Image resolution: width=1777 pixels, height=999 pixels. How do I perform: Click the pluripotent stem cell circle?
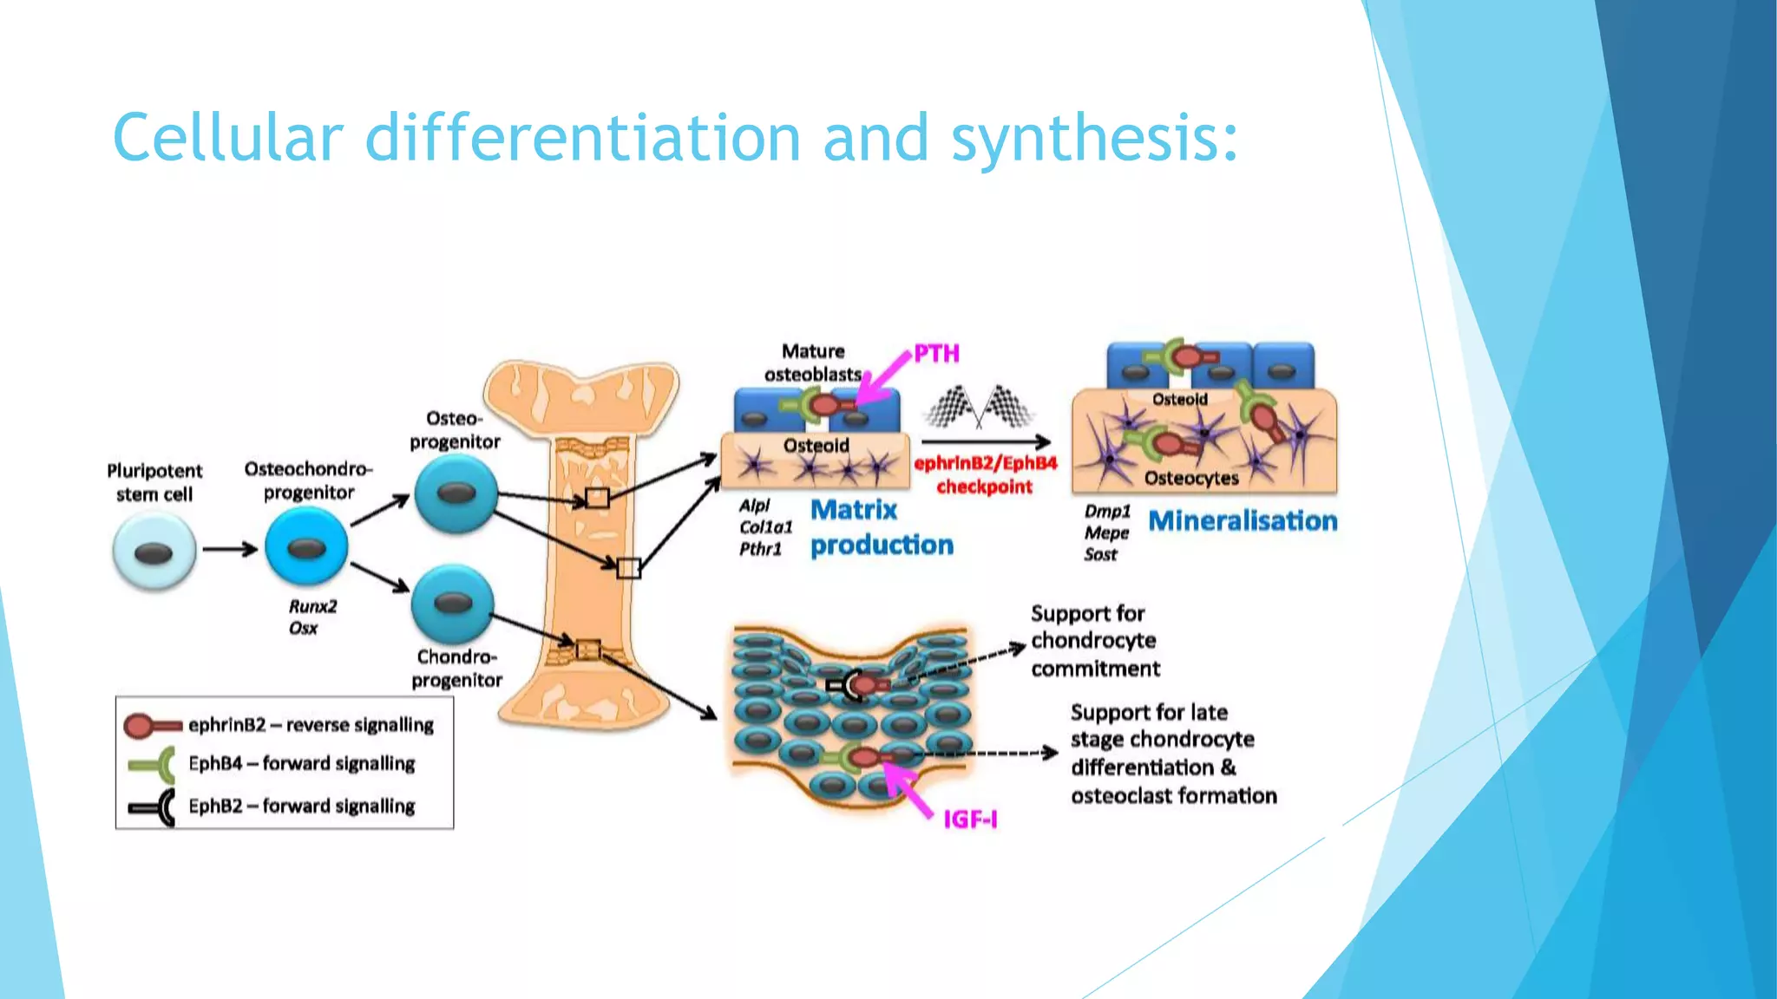pyautogui.click(x=154, y=552)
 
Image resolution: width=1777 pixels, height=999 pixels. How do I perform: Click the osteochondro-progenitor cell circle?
pyautogui.click(x=306, y=547)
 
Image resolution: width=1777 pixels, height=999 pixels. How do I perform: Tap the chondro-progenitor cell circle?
pyautogui.click(x=452, y=604)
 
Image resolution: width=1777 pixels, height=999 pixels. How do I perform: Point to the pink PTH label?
pyautogui.click(x=937, y=354)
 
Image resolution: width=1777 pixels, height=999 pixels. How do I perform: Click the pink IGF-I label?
pyautogui.click(x=970, y=819)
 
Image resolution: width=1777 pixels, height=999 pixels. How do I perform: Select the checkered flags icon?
pyautogui.click(x=980, y=407)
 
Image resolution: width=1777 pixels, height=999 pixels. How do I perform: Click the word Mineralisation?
pyautogui.click(x=1243, y=521)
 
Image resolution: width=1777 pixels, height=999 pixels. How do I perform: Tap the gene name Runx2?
pyautogui.click(x=312, y=606)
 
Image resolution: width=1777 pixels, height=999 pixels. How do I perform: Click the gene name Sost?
pyautogui.click(x=1100, y=555)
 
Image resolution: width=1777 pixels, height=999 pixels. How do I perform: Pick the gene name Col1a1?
pyautogui.click(x=765, y=527)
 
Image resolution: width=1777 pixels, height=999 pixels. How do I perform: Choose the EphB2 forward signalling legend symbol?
pyautogui.click(x=152, y=807)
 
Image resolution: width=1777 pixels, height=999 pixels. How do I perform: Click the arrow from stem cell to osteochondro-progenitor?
pyautogui.click(x=230, y=549)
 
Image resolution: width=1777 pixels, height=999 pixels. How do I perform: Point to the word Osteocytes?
pyautogui.click(x=1191, y=479)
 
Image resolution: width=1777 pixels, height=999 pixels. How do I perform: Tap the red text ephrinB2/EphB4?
pyautogui.click(x=986, y=463)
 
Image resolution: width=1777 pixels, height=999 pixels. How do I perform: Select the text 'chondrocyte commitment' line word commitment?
pyautogui.click(x=1095, y=669)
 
